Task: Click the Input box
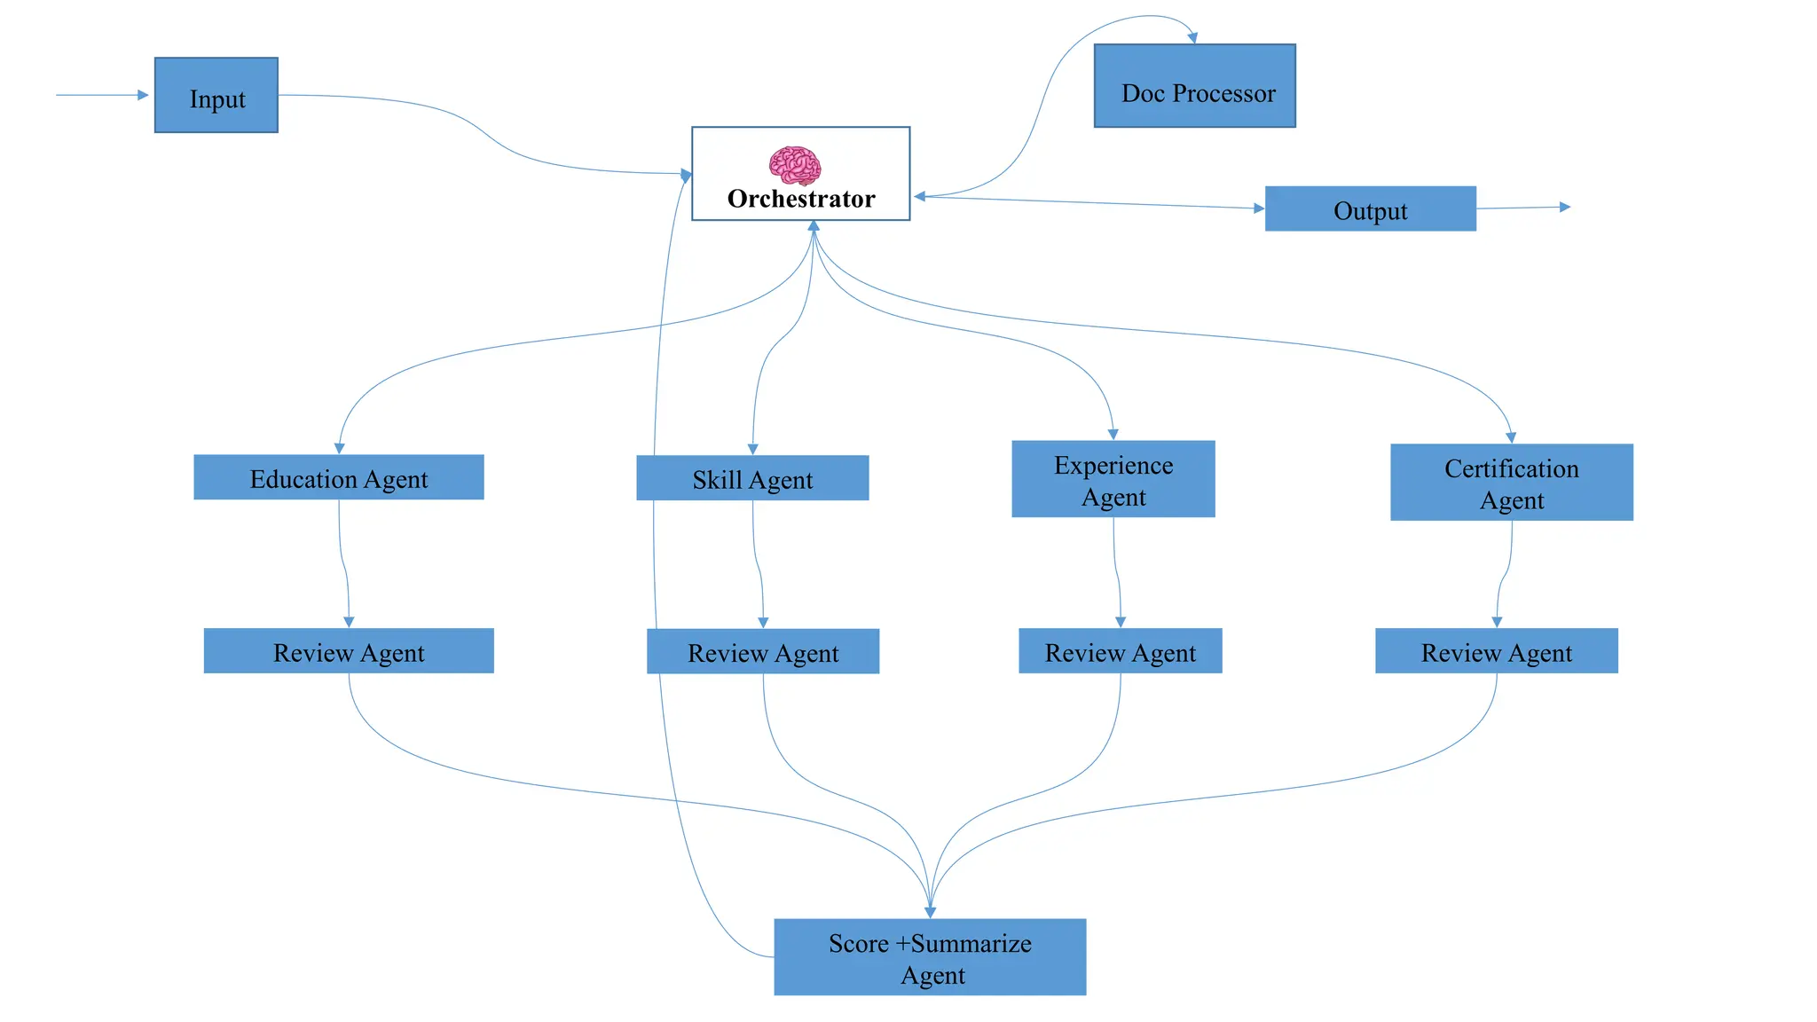216,96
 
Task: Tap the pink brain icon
794,165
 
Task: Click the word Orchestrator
800,199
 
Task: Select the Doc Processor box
1194,86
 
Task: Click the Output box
1370,209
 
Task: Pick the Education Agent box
338,478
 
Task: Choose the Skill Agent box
751,479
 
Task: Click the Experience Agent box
1113,480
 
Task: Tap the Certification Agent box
1511,483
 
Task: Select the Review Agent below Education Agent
348,652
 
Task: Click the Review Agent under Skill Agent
762,652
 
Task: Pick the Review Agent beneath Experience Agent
1120,652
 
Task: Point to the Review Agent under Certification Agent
1496,652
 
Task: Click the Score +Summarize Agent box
929,957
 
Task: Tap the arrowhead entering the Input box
143,95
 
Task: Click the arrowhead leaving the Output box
1565,207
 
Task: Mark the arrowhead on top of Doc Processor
1193,38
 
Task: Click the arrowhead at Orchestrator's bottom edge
813,226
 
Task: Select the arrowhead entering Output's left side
1259,208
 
